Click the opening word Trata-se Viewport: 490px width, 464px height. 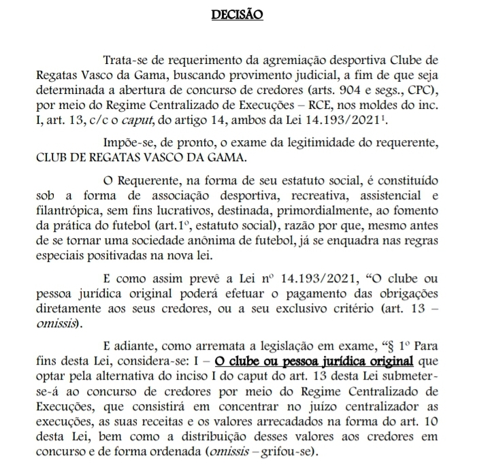pyautogui.click(x=124, y=62)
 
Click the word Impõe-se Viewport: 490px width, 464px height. pyautogui.click(x=127, y=144)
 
